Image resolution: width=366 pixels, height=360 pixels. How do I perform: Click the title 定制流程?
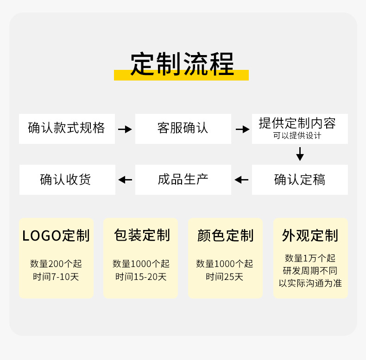pyautogui.click(x=182, y=63)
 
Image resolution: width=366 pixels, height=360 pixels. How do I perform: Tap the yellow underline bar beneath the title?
pyautogui.click(x=181, y=76)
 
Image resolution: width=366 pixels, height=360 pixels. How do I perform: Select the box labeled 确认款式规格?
pyautogui.click(x=67, y=128)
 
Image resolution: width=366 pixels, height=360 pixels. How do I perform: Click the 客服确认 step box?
pyautogui.click(x=183, y=128)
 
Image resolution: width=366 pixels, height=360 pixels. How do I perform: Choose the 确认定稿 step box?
pyautogui.click(x=300, y=180)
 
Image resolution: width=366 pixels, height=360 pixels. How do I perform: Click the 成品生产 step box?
pyautogui.click(x=183, y=179)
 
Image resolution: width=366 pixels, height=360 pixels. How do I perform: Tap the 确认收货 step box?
pyautogui.click(x=67, y=180)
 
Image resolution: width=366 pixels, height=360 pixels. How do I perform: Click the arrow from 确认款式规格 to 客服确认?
pyautogui.click(x=125, y=129)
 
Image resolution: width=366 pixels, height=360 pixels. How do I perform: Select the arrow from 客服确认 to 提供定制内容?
pyautogui.click(x=242, y=129)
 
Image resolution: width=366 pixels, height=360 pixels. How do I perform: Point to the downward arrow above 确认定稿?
pyautogui.click(x=300, y=154)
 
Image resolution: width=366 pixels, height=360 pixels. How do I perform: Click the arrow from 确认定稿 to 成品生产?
pyautogui.click(x=241, y=180)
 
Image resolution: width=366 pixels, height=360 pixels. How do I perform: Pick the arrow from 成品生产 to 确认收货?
pyautogui.click(x=125, y=180)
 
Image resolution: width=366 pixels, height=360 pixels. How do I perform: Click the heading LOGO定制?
pyautogui.click(x=56, y=236)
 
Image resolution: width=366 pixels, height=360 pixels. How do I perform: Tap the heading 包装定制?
pyautogui.click(x=142, y=235)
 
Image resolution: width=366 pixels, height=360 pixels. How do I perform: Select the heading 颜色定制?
pyautogui.click(x=225, y=236)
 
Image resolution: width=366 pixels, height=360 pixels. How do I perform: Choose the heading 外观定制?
pyautogui.click(x=310, y=236)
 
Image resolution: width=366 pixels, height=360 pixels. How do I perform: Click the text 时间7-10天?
pyautogui.click(x=56, y=277)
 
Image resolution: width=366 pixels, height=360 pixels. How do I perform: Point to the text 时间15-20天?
pyautogui.click(x=141, y=277)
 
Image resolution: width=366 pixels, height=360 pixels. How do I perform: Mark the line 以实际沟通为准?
pyautogui.click(x=310, y=283)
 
